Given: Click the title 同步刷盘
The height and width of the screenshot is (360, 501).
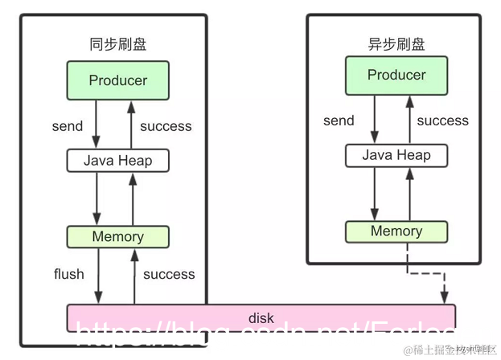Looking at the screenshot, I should point(118,44).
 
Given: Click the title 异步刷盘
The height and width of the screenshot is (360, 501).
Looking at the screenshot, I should point(396,44).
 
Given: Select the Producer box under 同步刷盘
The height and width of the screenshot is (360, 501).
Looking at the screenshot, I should point(118,80).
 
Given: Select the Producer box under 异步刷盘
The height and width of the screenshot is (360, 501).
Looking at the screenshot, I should point(396,76).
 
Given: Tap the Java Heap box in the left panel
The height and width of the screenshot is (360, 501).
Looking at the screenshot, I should point(118,160).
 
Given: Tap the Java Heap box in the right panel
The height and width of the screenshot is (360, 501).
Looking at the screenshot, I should point(396,155).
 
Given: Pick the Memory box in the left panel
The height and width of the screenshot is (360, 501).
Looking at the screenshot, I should point(118,237).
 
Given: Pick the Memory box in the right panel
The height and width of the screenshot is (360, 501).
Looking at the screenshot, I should point(396,231).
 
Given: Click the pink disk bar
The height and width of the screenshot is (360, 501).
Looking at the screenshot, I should point(261,318).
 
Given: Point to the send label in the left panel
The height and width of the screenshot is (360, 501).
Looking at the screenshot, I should point(67,126).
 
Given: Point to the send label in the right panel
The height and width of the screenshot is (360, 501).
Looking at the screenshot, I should point(339,121).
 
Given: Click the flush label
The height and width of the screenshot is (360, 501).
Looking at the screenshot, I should point(68,274).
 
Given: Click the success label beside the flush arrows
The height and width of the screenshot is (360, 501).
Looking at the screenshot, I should point(169,274).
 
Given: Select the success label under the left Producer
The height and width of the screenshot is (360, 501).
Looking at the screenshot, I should point(166,126).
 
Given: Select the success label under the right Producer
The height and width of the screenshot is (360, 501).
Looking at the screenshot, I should point(442,121).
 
